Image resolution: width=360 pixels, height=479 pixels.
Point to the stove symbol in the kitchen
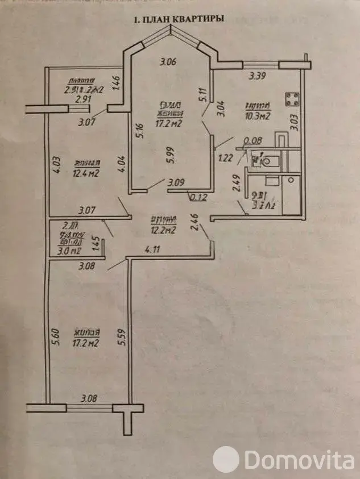[x=293, y=100]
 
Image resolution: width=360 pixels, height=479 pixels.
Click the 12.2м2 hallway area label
[x=162, y=230]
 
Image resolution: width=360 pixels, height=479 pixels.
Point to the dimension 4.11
[x=152, y=249]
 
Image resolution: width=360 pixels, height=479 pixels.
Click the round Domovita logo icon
[x=226, y=459]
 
